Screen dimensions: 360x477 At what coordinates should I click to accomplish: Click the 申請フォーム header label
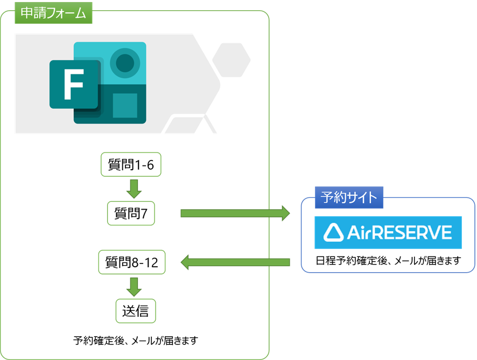53,13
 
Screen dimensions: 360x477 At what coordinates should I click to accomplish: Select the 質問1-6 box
131,165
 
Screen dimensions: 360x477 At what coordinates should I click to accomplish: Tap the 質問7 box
131,214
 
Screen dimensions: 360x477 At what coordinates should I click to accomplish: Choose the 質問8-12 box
132,263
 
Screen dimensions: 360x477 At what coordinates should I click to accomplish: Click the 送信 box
136,311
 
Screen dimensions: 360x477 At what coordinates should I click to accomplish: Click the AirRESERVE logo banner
388,232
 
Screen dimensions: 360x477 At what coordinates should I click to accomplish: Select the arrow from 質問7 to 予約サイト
235,213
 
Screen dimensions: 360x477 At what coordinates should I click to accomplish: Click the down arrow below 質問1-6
132,188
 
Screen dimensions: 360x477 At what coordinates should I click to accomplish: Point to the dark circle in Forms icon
125,62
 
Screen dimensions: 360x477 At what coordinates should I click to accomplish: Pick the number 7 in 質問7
144,214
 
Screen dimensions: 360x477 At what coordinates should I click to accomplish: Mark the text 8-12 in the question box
145,263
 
